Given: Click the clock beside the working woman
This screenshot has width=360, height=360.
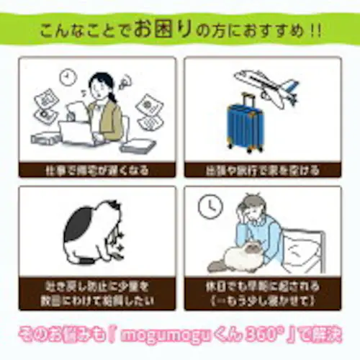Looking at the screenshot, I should click(x=69, y=74).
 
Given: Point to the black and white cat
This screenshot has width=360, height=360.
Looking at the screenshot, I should click(x=90, y=230).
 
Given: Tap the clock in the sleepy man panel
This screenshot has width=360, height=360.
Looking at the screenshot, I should click(x=209, y=207).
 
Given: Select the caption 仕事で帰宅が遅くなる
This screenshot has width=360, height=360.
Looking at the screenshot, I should click(x=97, y=171).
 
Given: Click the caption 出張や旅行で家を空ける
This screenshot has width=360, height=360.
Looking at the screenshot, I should click(x=262, y=171).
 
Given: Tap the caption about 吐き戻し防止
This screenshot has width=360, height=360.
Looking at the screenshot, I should click(x=97, y=288).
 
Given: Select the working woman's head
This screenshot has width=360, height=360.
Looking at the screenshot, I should click(x=100, y=83).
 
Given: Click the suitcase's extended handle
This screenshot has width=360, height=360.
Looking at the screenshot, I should click(x=248, y=99).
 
